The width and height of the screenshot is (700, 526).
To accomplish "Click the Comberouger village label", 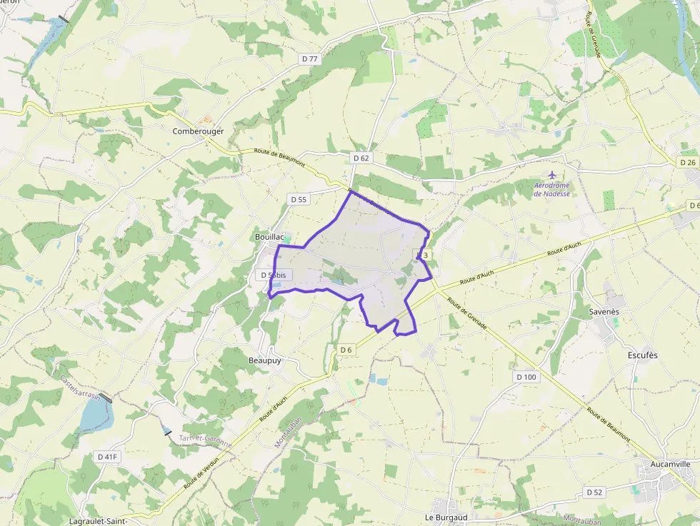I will (x=198, y=131).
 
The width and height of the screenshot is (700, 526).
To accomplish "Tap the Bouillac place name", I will (x=270, y=237).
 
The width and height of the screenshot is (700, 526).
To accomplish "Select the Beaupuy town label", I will (x=265, y=361).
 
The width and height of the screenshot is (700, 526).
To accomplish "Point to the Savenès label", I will (x=604, y=312).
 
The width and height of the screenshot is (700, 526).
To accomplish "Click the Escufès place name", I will (x=642, y=355).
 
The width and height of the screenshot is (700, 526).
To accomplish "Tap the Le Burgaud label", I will (x=446, y=517).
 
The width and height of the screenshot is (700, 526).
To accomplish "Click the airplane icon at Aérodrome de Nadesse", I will (x=551, y=175).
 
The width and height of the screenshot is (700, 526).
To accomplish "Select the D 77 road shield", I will (x=309, y=59).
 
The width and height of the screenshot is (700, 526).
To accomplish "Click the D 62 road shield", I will (x=361, y=158).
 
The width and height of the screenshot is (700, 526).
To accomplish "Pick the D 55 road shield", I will (x=298, y=199).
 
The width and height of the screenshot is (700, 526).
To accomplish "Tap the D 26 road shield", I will (x=687, y=163).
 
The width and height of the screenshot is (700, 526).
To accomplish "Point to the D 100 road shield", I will (x=525, y=377).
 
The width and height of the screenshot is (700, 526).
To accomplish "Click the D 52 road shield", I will (x=594, y=492).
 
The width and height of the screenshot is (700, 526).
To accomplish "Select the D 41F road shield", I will (x=106, y=456).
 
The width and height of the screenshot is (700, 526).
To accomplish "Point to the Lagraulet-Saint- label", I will (x=99, y=521).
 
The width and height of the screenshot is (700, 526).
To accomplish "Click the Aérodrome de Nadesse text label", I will (x=551, y=189).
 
